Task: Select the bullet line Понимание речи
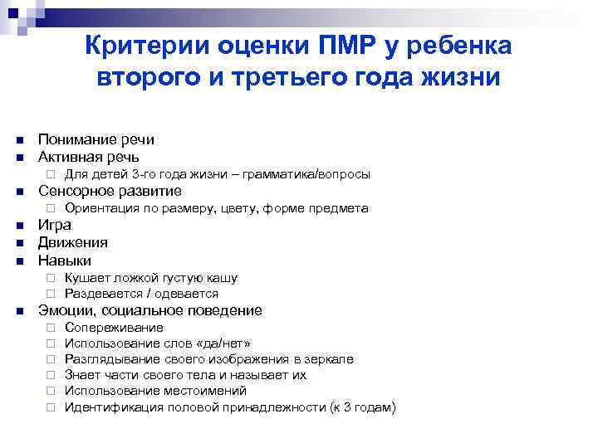point(96,140)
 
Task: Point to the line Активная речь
point(89,157)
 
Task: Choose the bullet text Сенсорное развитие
point(110,192)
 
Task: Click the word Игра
point(55,226)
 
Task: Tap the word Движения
point(73,243)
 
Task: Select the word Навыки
point(65,261)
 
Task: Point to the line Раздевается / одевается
point(141,294)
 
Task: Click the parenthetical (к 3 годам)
point(362,407)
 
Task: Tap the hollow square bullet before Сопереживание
point(51,329)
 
